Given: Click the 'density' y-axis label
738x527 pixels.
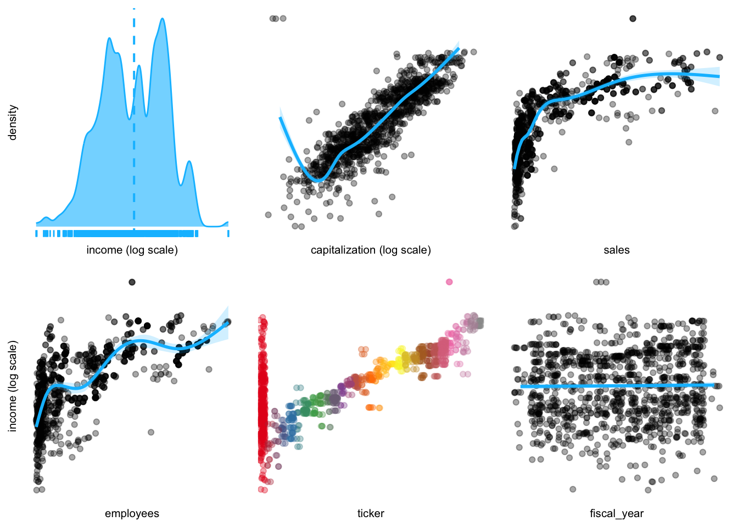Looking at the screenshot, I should click(13, 122).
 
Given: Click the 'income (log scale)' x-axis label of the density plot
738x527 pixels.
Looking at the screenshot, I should click(132, 250).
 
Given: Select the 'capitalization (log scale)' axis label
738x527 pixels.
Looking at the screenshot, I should click(371, 250).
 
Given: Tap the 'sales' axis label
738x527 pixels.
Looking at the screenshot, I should click(616, 250).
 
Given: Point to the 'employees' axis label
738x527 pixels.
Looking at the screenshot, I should click(132, 514).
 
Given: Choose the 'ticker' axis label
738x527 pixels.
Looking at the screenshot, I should click(371, 514).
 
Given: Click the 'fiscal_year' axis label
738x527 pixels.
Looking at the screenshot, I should click(616, 514).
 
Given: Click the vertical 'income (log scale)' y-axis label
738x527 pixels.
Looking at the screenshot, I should click(13, 386).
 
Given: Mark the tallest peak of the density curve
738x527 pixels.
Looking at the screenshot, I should click(162, 19).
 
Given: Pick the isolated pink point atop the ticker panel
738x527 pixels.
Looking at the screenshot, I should click(449, 282).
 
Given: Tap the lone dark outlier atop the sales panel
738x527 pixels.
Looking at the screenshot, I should click(633, 19).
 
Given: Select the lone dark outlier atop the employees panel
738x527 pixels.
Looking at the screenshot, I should click(132, 282).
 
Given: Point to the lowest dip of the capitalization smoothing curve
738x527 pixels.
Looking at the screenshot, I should click(317, 180).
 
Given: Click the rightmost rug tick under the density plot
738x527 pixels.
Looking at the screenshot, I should click(228, 234).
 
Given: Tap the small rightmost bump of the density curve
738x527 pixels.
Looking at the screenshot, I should click(189, 162).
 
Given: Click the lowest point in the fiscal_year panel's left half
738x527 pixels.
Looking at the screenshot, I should click(573, 489).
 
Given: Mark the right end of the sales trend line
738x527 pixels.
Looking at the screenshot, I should click(718, 76).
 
